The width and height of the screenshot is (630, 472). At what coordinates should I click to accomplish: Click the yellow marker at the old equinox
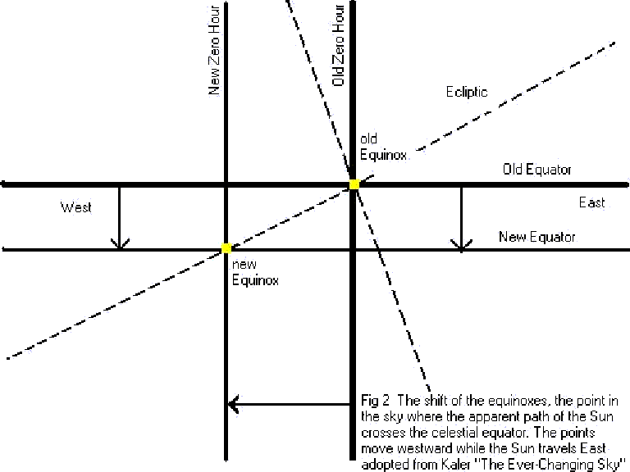click(354, 185)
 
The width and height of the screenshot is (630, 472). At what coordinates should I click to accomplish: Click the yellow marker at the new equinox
click(226, 247)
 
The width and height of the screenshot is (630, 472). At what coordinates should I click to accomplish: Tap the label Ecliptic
click(466, 92)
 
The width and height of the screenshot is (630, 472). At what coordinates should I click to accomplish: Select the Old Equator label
click(537, 170)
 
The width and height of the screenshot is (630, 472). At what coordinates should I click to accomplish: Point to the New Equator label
click(537, 237)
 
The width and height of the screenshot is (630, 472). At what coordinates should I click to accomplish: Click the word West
click(75, 207)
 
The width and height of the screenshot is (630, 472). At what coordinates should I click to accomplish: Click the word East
click(591, 202)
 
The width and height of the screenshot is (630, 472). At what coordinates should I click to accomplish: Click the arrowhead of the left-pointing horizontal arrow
click(235, 403)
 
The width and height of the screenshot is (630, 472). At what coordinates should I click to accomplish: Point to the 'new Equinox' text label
click(256, 273)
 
